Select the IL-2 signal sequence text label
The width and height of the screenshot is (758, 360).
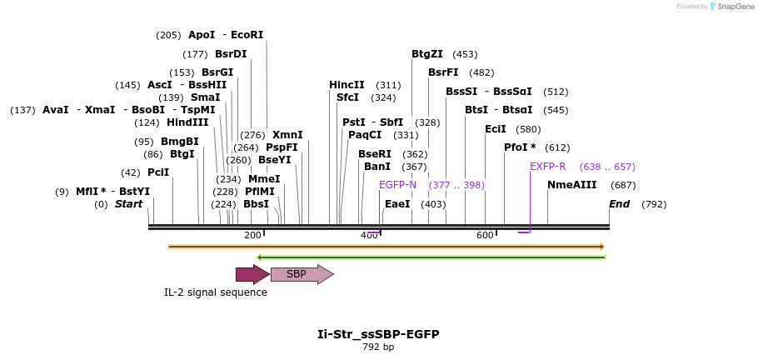pos(216,292)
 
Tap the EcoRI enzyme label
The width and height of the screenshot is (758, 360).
pos(247,35)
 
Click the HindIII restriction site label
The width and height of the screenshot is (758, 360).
pos(187,122)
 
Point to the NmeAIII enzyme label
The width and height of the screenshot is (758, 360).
pos(572,185)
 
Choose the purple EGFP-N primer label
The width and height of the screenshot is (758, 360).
pos(397,185)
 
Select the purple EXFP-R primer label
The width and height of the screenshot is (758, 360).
pos(547,167)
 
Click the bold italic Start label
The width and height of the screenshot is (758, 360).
pos(128,204)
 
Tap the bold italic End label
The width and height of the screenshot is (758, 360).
pos(619,204)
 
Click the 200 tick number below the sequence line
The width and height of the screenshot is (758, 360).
pos(252,236)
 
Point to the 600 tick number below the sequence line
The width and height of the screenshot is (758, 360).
pos(485,236)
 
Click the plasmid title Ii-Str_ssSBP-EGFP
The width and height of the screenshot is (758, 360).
pos(378,334)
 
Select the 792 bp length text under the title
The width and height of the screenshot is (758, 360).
pos(378,347)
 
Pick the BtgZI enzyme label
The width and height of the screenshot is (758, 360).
pos(427,54)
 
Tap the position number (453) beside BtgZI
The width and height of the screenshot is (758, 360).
pos(465,54)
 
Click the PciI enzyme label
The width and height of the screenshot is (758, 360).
pos(158,172)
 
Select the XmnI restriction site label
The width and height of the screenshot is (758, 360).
pos(287,135)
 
